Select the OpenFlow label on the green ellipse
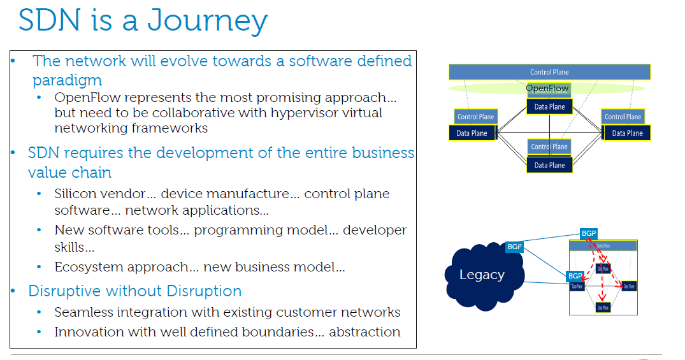click(x=547, y=88)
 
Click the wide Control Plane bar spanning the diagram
click(x=549, y=72)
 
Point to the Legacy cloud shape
click(x=482, y=275)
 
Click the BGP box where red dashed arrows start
click(x=589, y=234)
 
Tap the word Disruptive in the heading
click(x=64, y=291)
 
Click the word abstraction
click(x=364, y=332)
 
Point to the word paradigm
click(x=67, y=80)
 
